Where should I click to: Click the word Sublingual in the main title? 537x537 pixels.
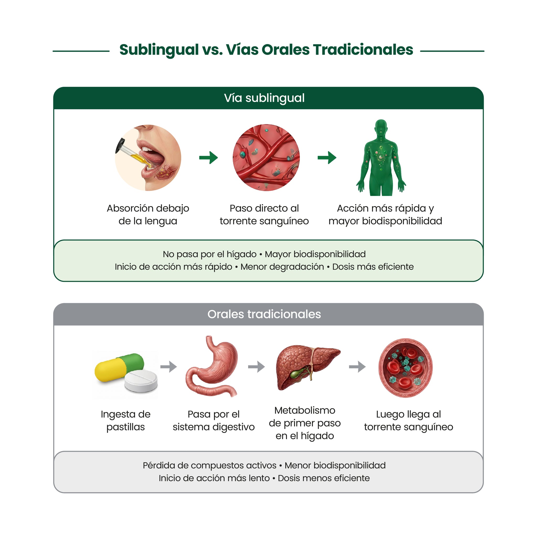point(159,50)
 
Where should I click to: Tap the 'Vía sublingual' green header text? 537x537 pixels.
point(264,98)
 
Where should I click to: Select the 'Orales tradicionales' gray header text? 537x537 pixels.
point(264,314)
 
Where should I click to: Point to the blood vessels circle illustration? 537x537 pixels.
point(266,158)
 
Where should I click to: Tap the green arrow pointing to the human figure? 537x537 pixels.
point(327,158)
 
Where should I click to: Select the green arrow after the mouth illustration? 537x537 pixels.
point(209,158)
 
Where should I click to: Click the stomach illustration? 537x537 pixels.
point(212,366)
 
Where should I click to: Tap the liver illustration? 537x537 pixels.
point(307,367)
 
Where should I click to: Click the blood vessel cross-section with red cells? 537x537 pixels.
point(406,368)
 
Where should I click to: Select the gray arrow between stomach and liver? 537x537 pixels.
point(256,367)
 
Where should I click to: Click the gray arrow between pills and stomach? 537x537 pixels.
point(168,367)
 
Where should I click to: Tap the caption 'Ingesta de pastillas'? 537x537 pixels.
point(126,421)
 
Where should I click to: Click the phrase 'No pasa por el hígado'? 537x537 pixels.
point(210,254)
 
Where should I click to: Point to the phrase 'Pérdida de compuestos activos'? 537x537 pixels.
point(210,465)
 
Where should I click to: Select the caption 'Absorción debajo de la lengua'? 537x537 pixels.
point(148,214)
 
